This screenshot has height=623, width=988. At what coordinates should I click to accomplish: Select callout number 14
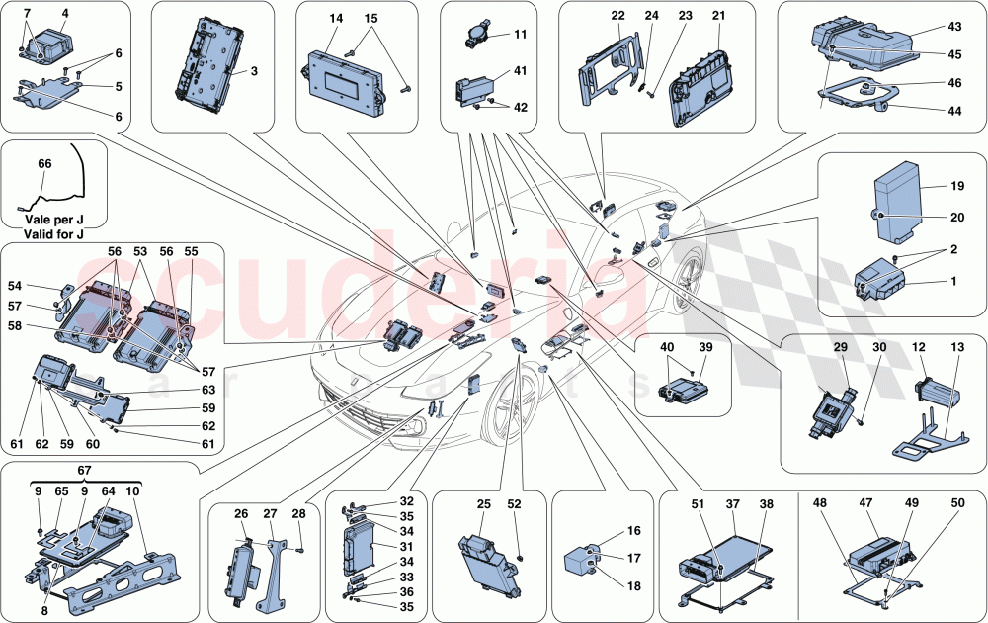[337, 19]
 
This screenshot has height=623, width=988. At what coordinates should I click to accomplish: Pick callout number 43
[954, 26]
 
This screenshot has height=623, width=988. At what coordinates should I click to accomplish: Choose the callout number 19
[956, 186]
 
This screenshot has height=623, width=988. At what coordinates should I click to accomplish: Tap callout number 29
[840, 347]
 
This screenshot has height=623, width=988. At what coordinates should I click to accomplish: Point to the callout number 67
[85, 472]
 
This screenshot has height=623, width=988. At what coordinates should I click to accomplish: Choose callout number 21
[718, 17]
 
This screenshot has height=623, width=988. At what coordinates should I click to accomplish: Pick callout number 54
[16, 285]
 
